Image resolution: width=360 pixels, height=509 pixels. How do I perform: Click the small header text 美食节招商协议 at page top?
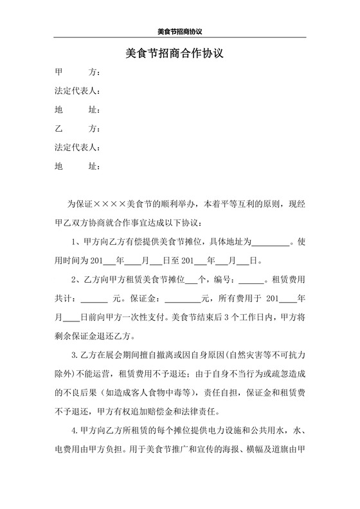click(180, 31)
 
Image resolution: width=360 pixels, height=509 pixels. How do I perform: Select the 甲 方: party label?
click(77, 71)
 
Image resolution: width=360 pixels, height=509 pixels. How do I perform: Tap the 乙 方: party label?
click(77, 129)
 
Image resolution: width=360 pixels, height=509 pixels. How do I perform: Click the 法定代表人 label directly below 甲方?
click(77, 91)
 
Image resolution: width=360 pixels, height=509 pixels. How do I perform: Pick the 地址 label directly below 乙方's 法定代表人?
click(77, 166)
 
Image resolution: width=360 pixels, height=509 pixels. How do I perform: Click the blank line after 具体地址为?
click(271, 243)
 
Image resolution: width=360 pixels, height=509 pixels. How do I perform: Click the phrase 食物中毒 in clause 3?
click(165, 393)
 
